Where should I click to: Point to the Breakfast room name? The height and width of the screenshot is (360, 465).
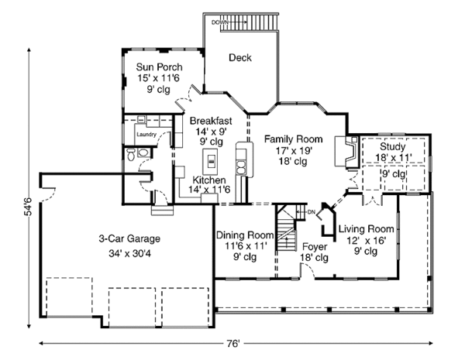click(212, 120)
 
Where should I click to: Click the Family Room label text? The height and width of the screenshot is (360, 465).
click(293, 139)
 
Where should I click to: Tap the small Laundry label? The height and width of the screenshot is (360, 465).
click(146, 134)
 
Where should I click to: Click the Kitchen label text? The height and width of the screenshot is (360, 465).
click(208, 180)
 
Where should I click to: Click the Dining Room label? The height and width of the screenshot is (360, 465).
click(245, 235)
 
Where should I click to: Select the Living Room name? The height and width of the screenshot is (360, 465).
click(367, 228)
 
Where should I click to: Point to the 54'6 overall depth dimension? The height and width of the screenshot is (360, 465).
click(26, 209)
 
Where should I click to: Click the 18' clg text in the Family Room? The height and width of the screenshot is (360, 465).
click(293, 160)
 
